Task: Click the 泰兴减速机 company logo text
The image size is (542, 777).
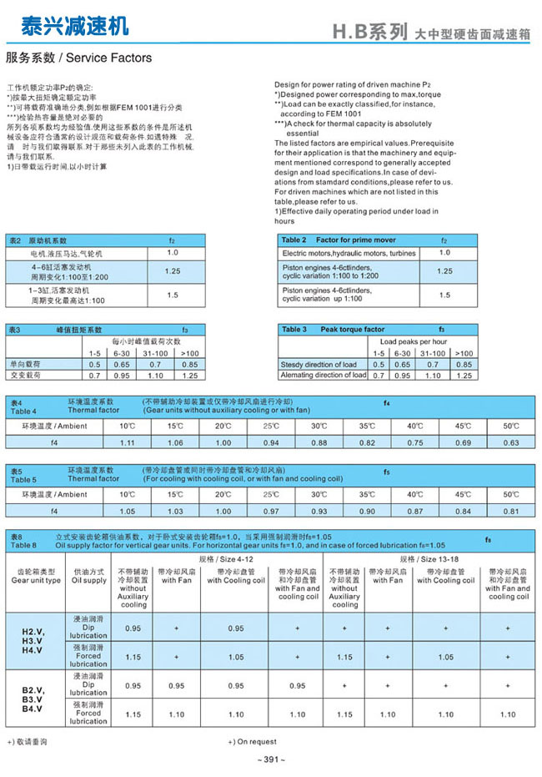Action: coord(75,27)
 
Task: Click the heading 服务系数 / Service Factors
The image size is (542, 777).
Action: coord(79,58)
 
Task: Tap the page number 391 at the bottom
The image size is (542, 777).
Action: coord(272,759)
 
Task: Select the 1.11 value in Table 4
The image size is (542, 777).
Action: coord(128,442)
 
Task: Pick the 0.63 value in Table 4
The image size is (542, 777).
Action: coord(511,442)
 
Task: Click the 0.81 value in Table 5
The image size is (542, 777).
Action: coord(511,511)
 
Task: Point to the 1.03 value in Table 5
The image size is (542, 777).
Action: coord(175,511)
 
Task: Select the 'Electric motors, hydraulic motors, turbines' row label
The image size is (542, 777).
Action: coord(349,253)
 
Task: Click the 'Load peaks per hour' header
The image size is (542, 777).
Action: coord(414,341)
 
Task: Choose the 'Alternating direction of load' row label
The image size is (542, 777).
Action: coord(324,376)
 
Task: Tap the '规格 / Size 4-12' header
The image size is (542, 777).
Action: coord(224,558)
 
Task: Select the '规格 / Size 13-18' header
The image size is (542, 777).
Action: coord(429,558)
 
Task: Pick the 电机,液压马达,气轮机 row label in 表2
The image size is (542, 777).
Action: coord(67,253)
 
